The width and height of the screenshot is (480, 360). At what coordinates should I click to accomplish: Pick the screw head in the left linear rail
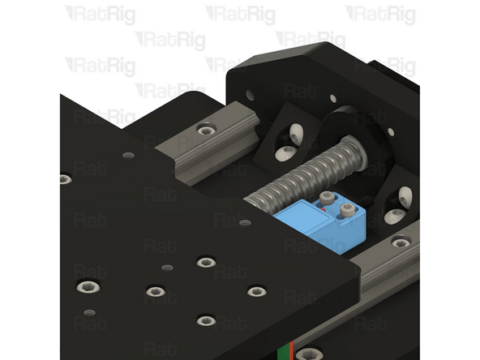[x=207, y=129]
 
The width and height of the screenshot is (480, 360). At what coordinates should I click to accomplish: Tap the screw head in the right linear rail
[x=401, y=242]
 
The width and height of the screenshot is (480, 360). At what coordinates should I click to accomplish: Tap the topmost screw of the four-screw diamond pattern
[x=206, y=262]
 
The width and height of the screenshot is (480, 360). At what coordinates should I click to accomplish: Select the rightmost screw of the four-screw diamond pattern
[x=256, y=291]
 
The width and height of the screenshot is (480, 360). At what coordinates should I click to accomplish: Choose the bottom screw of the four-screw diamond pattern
[x=206, y=320]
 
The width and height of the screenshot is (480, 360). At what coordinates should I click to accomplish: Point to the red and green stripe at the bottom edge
[x=283, y=350]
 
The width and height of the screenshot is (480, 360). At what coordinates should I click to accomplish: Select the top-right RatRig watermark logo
[x=380, y=14]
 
